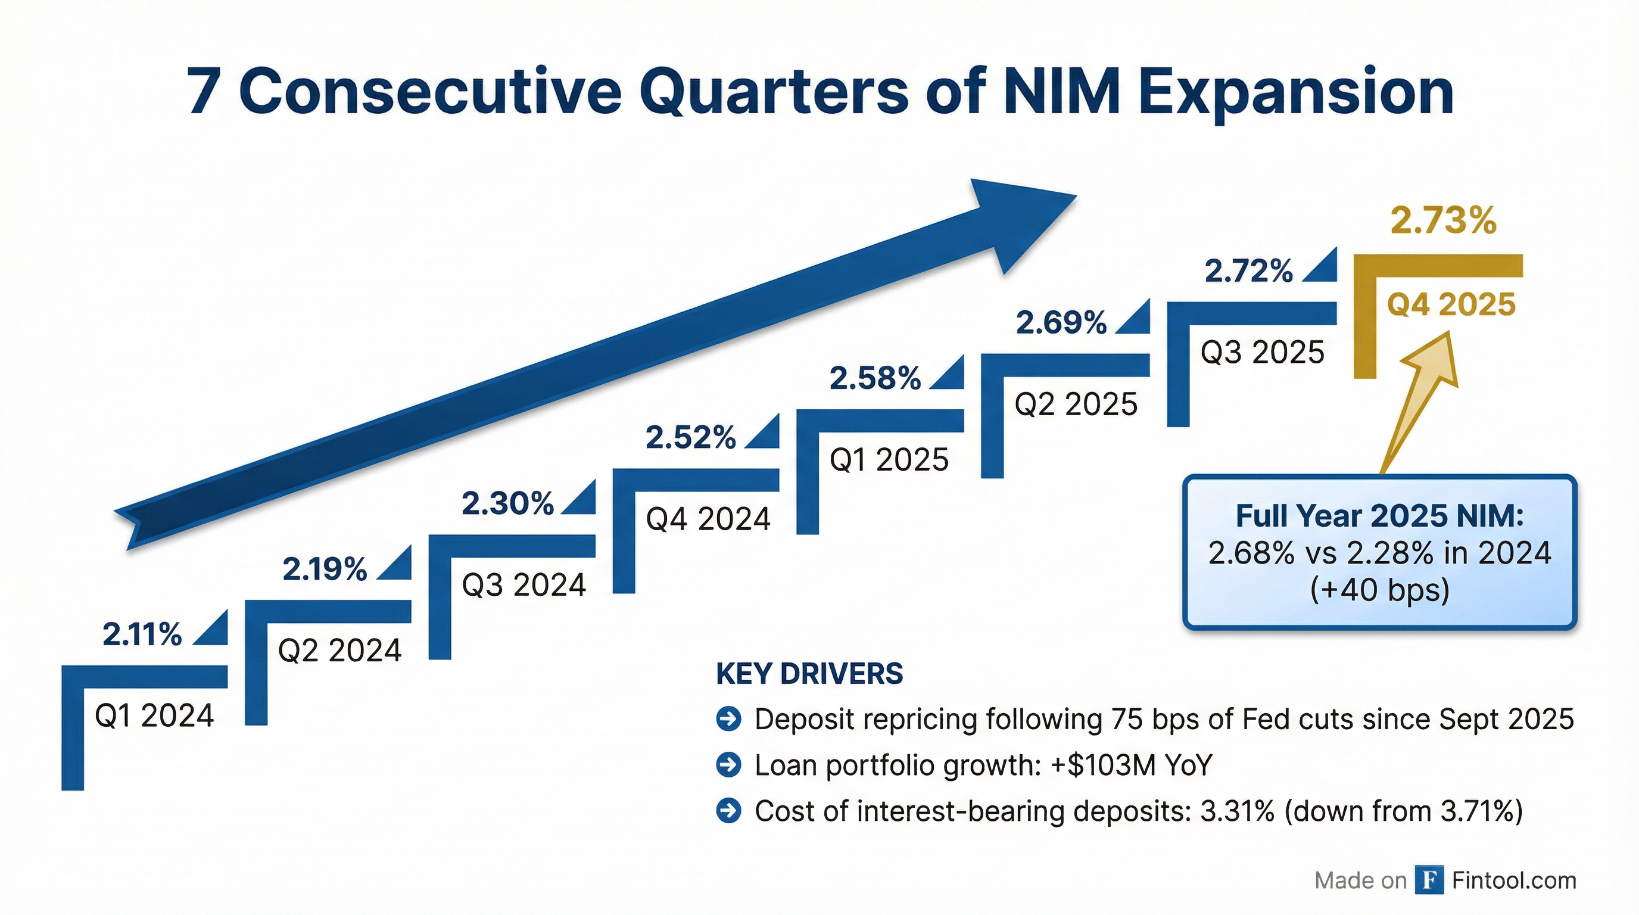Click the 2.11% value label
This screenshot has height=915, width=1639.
coord(142,634)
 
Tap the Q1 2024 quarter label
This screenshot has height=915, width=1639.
coord(154,716)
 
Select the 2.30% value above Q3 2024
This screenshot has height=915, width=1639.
coord(507,503)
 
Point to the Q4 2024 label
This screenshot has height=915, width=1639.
coord(708,519)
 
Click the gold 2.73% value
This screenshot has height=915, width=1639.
coord(1443,221)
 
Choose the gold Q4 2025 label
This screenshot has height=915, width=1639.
coord(1451,304)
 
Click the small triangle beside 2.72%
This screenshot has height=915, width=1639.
coord(1323,267)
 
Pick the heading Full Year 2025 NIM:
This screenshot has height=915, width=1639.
coord(1379,516)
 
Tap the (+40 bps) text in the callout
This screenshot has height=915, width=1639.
coord(1379,590)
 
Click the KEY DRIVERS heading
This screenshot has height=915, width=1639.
coord(809,674)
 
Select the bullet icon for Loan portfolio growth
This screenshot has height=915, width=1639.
coord(728,765)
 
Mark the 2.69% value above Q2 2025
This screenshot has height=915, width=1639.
coord(1061,323)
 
